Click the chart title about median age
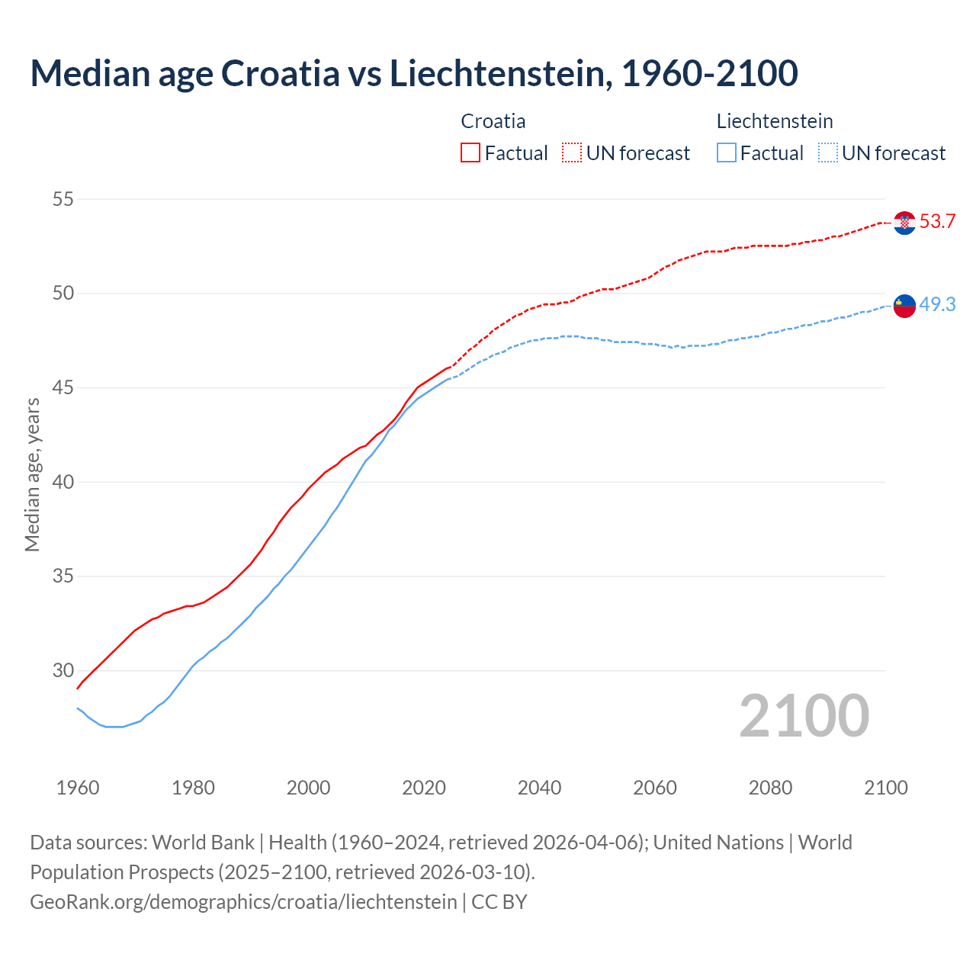tap(414, 73)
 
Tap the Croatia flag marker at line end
tap(904, 223)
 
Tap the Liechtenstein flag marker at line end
tap(904, 305)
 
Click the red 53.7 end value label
tap(937, 222)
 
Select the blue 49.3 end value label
tap(937, 304)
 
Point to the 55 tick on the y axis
tap(63, 200)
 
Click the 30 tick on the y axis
tap(63, 671)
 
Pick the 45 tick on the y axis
tap(63, 388)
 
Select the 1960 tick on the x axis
tap(78, 788)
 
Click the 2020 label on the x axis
tap(424, 788)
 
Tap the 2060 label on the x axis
tap(655, 788)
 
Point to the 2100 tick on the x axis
tap(886, 788)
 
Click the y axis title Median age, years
tap(32, 474)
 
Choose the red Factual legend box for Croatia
tap(470, 153)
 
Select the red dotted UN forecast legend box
tap(572, 153)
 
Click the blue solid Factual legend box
tap(727, 153)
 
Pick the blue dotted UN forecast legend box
tap(828, 153)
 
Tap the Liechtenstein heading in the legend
tap(775, 121)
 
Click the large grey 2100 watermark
tap(804, 716)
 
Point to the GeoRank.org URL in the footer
tap(243, 902)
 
